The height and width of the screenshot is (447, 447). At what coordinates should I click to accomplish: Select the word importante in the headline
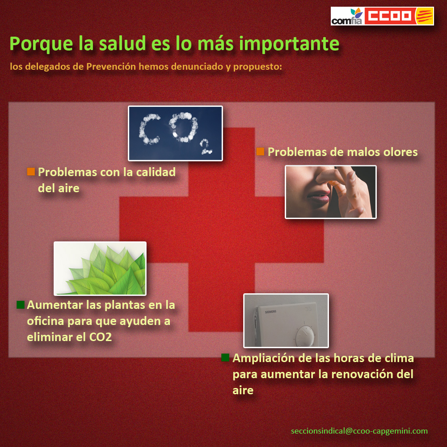pos(289,44)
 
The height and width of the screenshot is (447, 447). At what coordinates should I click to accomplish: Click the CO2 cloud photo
pos(175,133)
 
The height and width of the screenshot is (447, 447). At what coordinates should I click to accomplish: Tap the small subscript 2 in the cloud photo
pos(206,147)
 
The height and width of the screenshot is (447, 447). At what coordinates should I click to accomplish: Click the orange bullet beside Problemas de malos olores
pos(260,152)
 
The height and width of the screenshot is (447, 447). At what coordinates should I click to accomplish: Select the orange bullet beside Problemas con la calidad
pos(31,171)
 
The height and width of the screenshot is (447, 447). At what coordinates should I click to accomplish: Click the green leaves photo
pos(100,268)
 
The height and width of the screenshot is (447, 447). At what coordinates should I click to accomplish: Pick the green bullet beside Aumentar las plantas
pos(21,304)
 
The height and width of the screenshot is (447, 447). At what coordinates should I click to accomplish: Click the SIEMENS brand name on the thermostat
pos(270,312)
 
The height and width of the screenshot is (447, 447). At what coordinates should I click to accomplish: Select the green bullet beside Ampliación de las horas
pos(225,358)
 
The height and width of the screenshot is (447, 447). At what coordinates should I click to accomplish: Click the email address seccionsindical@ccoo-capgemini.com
pos(359,431)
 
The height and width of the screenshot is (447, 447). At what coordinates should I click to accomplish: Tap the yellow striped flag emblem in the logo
pos(424,16)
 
